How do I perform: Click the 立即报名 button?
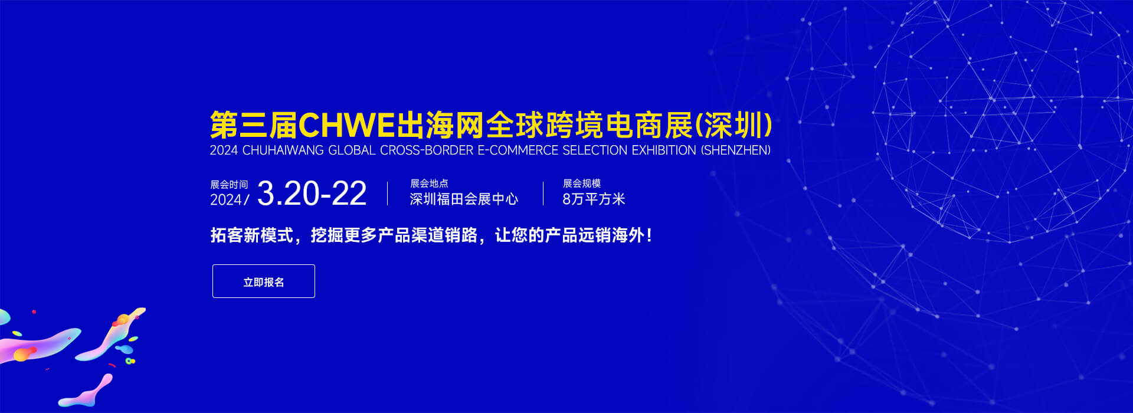263,281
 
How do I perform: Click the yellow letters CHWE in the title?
346,125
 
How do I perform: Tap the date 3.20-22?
312,194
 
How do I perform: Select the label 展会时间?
229,185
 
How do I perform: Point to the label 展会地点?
429,183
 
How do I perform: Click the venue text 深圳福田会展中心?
464,199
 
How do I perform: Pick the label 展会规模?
582,183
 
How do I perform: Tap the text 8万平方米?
594,199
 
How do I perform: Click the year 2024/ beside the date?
230,200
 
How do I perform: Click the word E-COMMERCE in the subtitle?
518,150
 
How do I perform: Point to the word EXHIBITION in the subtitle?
664,150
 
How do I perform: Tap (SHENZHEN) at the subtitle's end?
736,150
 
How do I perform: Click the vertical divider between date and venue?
388,194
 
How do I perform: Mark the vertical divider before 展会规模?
543,194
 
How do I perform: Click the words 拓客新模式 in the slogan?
252,235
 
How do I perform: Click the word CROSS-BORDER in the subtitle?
427,150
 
